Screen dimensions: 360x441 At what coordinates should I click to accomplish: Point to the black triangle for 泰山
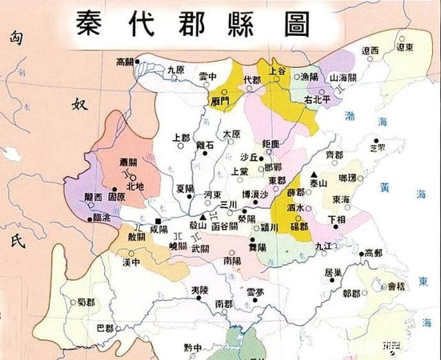(313, 174)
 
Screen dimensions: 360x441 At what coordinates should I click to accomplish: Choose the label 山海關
(343, 79)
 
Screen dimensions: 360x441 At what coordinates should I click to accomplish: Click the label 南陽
(232, 261)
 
